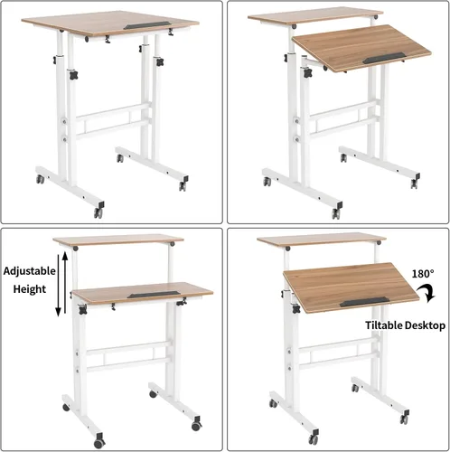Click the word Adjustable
pos(32,270)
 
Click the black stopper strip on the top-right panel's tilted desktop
pos(390,59)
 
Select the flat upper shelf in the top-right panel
pos(312,16)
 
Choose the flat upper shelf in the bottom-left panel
pos(117,240)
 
